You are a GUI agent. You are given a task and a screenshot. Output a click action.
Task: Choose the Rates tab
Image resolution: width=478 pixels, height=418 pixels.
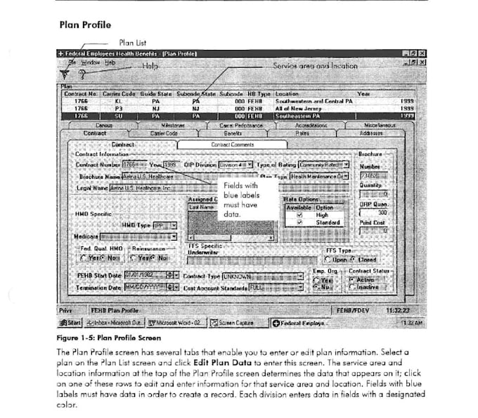[302, 132]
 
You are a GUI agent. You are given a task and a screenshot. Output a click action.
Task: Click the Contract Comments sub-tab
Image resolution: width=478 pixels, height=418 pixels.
[232, 144]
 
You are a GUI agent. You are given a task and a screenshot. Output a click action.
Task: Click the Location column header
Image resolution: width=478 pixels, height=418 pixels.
[287, 93]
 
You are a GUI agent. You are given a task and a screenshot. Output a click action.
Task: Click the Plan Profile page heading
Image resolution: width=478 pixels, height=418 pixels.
[85, 25]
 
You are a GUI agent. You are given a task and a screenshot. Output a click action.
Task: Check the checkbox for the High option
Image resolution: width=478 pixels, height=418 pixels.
[300, 215]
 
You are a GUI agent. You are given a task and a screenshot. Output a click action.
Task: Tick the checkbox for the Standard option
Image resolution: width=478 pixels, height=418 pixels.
[300, 222]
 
